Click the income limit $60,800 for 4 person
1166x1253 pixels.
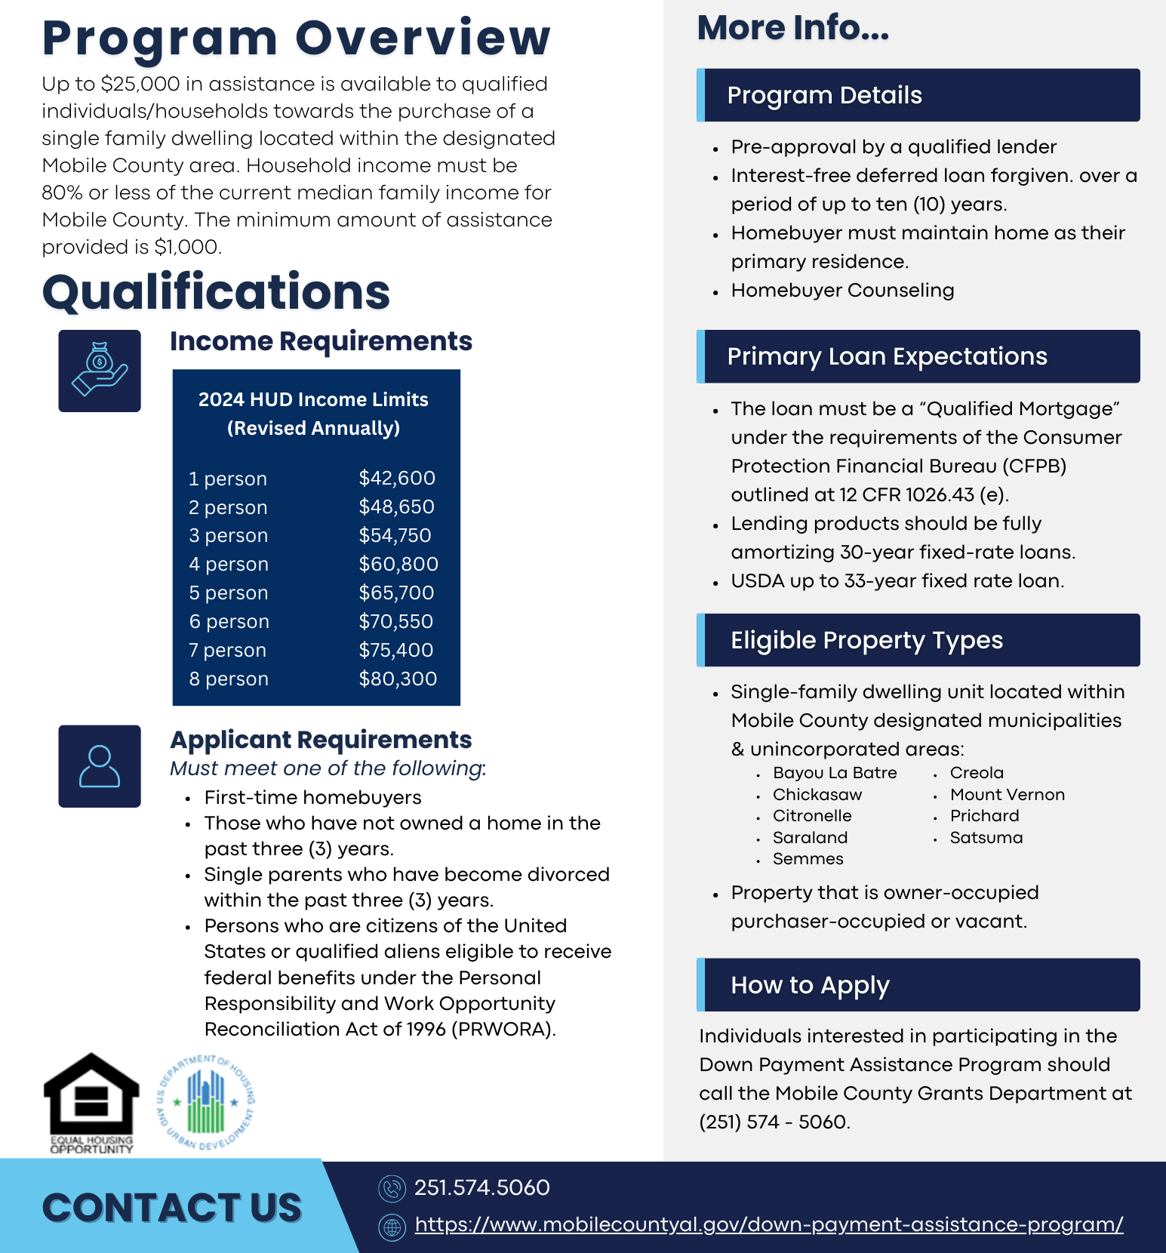[x=398, y=564]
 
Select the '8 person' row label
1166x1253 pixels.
[x=229, y=679]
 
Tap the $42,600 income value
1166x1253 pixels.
[x=397, y=478]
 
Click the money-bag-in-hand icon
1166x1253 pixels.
[x=100, y=371]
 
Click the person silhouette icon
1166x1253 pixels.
[x=100, y=766]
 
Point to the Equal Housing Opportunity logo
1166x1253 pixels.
[x=91, y=1103]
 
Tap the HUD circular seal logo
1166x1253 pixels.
[x=206, y=1103]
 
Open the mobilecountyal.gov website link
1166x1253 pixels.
[x=768, y=1224]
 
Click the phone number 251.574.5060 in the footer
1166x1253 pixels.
[x=481, y=1187]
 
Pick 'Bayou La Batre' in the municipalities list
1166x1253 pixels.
[x=835, y=773]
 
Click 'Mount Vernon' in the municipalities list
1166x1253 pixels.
[x=1007, y=795]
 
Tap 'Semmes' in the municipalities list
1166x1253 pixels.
[x=808, y=859]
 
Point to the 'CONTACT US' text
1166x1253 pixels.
[x=172, y=1208]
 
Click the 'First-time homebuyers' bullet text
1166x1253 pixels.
[x=312, y=798]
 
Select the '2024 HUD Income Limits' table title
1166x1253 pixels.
[x=313, y=399]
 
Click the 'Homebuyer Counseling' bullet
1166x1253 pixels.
[x=842, y=291]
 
